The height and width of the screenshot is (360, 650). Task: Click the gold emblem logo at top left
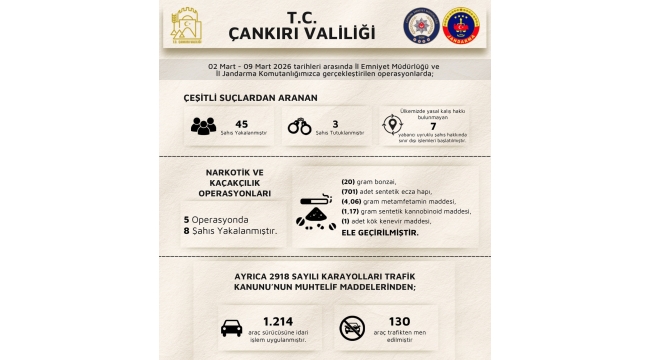[187, 28]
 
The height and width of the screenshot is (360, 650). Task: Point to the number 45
[240, 122]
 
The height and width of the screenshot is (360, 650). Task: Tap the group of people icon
[204, 127]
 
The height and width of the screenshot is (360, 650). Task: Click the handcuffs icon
[299, 127]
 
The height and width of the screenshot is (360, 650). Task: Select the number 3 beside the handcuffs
[334, 122]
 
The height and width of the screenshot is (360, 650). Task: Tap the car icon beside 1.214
[231, 327]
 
